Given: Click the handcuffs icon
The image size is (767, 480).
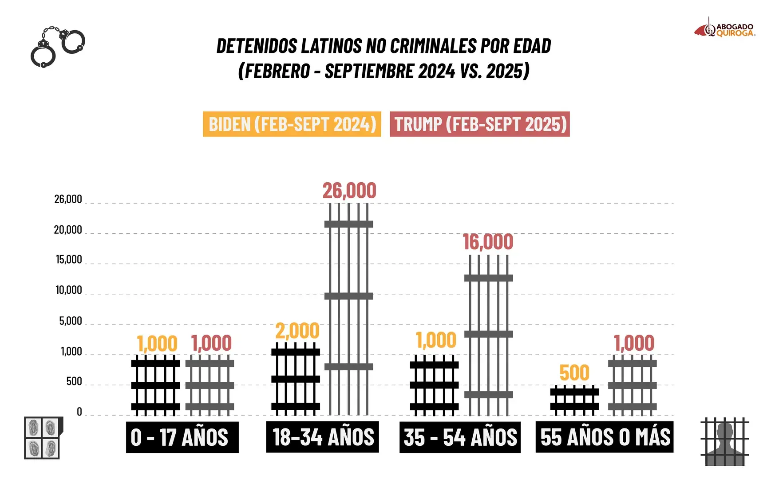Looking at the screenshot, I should click(x=57, y=46).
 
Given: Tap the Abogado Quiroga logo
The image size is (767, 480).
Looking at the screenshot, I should click(x=725, y=29).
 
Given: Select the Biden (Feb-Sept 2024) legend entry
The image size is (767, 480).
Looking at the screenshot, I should click(x=292, y=124).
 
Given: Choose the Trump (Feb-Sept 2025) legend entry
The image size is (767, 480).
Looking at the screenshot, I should click(x=480, y=124).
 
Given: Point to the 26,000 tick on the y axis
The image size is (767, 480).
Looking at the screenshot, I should click(x=68, y=199).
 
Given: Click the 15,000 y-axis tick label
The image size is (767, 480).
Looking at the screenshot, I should click(x=69, y=260).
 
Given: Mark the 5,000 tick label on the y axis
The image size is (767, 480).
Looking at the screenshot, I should click(x=70, y=321).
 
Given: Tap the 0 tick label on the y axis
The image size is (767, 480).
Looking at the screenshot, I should click(x=79, y=412).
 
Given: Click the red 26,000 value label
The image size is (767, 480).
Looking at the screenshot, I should click(x=349, y=191).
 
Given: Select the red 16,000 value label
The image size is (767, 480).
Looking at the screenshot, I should click(x=488, y=242).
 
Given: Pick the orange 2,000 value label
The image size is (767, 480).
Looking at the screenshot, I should click(x=297, y=331).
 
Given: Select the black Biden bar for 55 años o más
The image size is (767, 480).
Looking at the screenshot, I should click(x=574, y=400).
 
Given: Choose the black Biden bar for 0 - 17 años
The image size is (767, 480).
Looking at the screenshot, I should click(x=155, y=385).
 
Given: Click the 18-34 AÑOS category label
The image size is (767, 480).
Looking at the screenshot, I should click(x=323, y=437).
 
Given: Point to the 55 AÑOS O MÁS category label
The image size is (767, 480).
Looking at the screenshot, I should click(x=605, y=437).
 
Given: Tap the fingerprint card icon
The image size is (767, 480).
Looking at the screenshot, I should click(x=43, y=438).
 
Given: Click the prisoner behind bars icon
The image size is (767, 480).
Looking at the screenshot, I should click(x=725, y=442).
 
